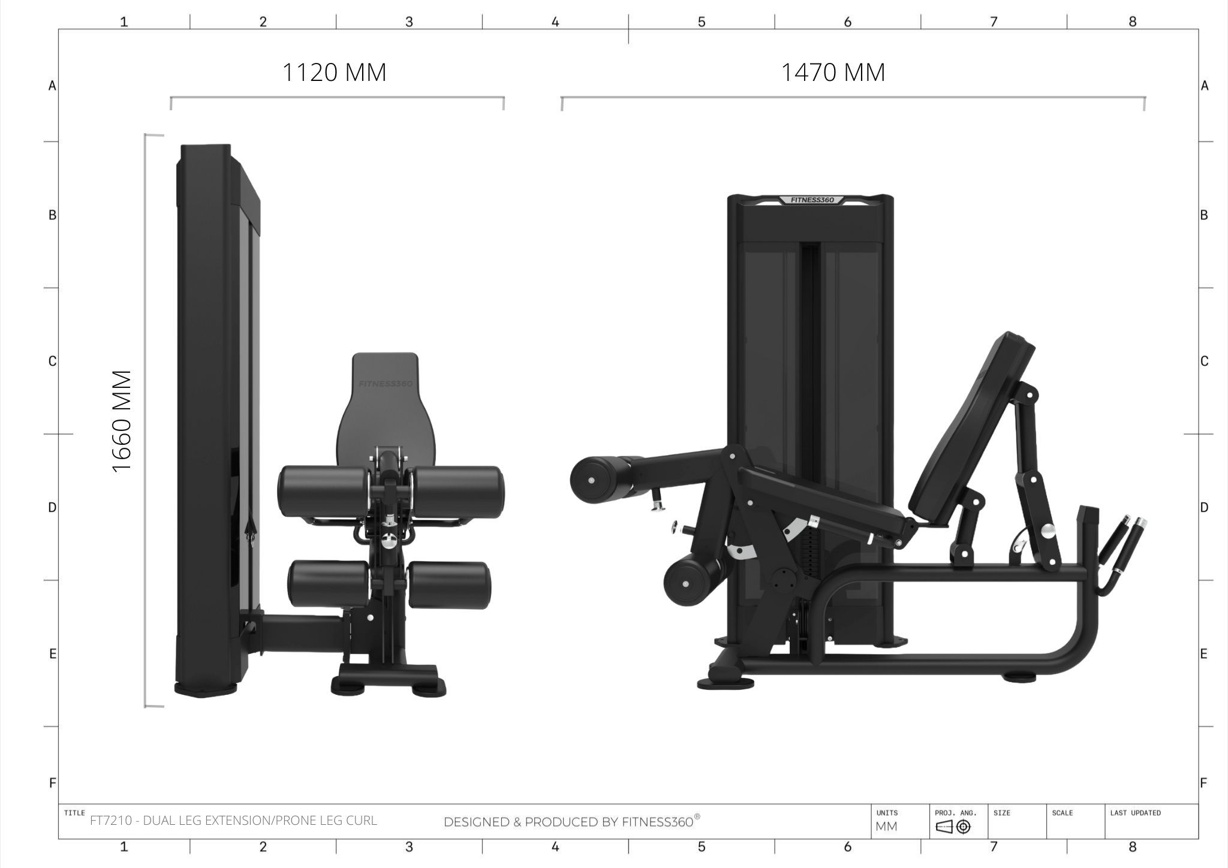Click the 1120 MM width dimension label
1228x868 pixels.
point(334,73)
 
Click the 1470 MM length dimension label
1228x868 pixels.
point(833,73)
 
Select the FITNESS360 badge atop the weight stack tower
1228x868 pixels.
point(812,200)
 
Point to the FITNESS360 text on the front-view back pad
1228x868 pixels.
point(385,384)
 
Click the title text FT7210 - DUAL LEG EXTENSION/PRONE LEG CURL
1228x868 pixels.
point(233,821)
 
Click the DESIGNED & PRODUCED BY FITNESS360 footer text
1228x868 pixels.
point(571,822)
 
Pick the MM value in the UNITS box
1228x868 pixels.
point(886,827)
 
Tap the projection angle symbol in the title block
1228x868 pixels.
point(953,827)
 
